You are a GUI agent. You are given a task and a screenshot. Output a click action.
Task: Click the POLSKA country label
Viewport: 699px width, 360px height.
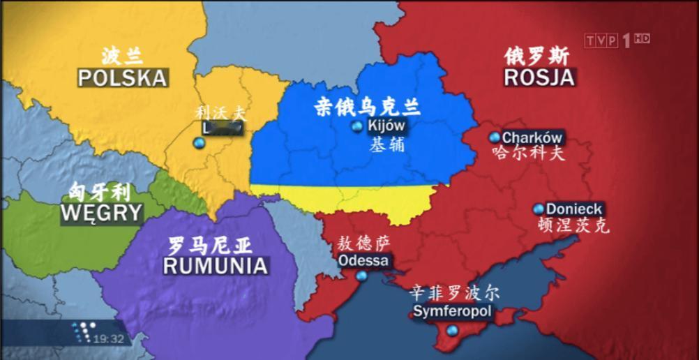[123, 77]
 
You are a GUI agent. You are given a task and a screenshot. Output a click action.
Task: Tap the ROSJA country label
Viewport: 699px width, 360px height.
[539, 77]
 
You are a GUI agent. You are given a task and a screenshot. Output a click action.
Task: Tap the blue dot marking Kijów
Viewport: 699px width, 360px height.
[358, 126]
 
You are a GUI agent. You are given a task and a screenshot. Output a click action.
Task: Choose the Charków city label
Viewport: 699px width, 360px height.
[532, 137]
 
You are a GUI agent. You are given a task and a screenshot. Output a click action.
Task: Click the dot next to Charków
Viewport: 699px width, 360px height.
[495, 137]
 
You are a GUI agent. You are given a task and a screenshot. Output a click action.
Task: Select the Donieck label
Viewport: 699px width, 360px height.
[573, 209]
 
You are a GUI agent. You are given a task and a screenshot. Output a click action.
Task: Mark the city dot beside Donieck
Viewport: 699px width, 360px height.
[538, 209]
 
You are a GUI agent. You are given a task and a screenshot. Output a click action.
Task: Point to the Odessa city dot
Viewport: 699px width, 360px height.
[361, 276]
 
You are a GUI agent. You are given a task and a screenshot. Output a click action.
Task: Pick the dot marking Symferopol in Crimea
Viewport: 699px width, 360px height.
[452, 330]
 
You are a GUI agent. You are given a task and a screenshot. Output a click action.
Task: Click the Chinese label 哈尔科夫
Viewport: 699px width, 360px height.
[527, 153]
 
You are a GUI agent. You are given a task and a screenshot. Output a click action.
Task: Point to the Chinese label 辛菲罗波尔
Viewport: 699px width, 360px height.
[454, 292]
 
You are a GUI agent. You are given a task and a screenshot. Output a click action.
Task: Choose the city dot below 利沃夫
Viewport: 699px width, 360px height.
[198, 143]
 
